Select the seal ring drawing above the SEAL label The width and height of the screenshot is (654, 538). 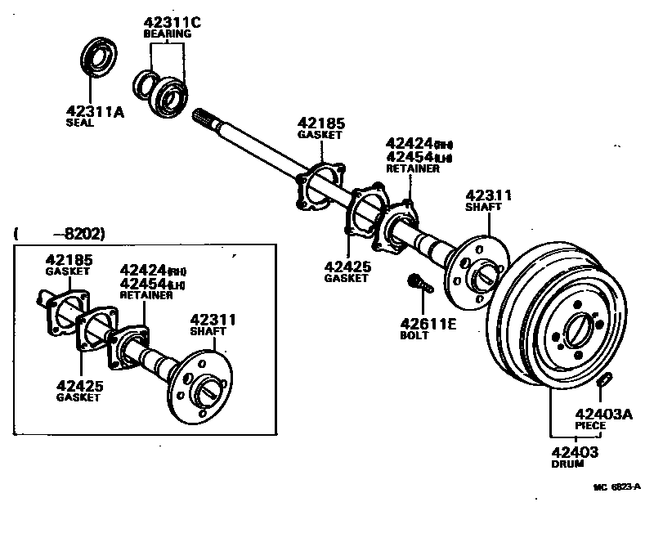click(101, 61)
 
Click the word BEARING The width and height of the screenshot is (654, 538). click(167, 34)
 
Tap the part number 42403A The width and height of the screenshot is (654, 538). click(603, 414)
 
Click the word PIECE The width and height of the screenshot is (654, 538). click(591, 426)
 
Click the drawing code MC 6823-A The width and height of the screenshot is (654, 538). click(616, 486)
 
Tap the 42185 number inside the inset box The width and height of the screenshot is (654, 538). click(69, 259)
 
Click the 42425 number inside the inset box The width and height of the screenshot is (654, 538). click(79, 385)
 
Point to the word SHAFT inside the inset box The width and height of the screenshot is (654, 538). click(208, 331)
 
